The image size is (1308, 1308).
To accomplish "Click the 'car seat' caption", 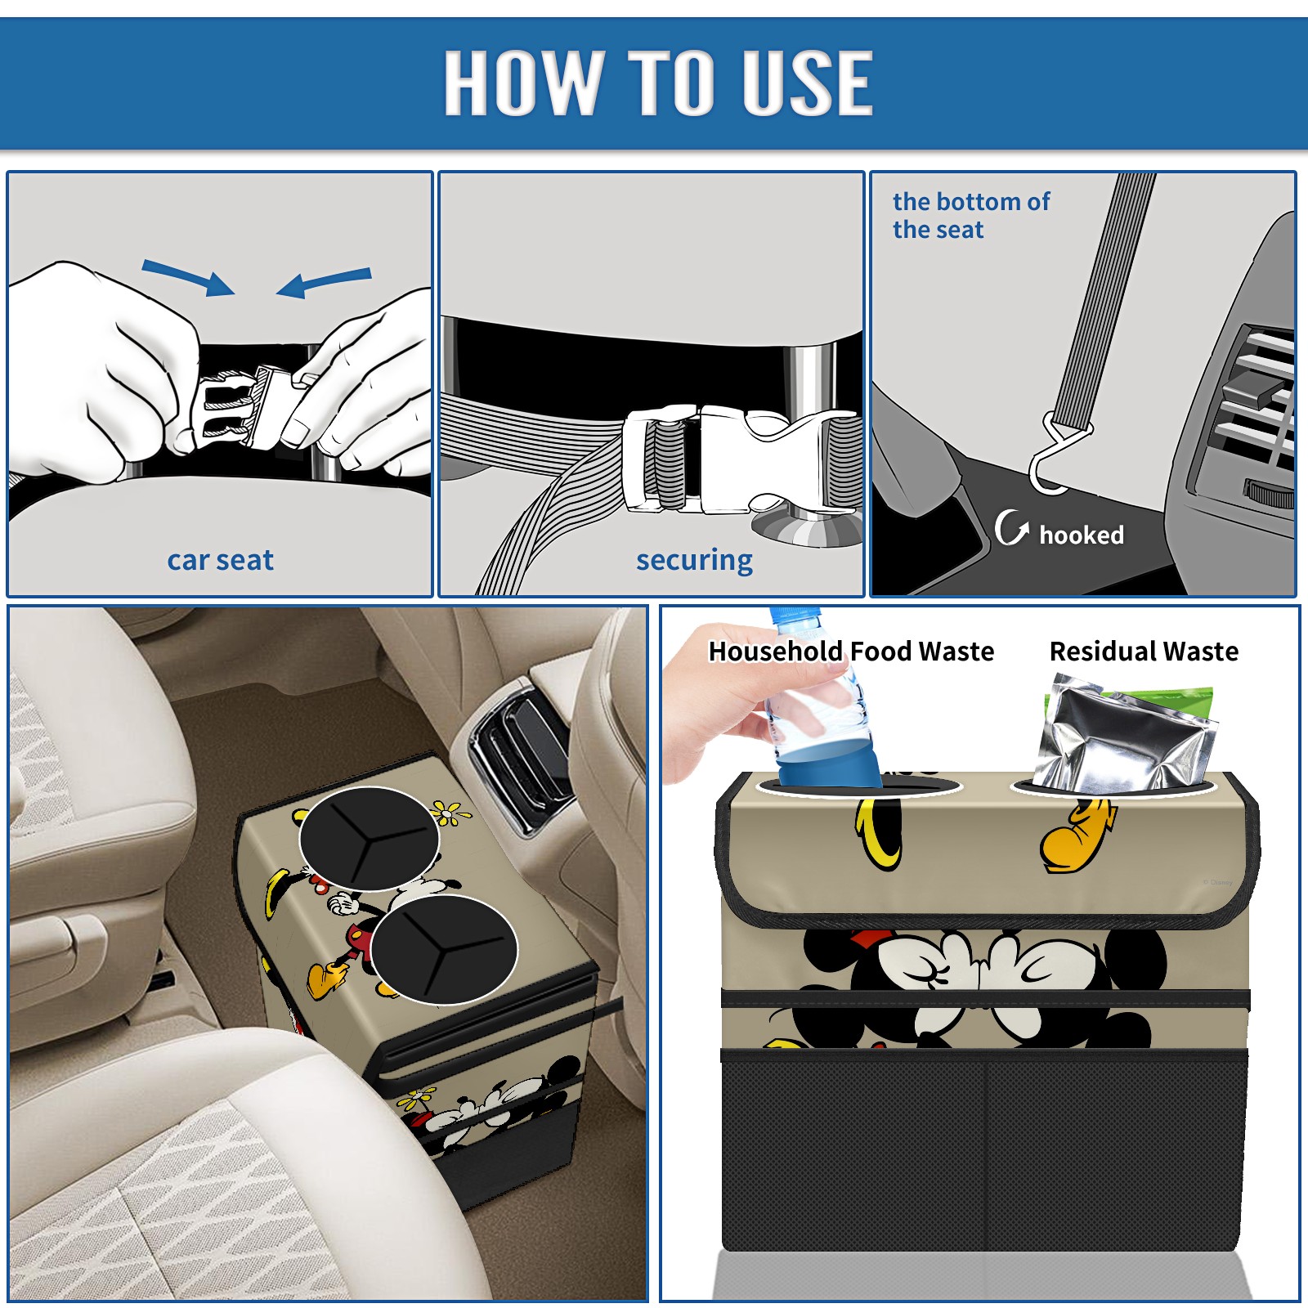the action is (x=220, y=560).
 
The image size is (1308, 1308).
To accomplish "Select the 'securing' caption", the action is (x=694, y=561).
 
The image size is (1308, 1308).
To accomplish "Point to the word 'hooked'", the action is (x=1082, y=535).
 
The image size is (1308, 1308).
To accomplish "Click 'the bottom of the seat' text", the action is (x=970, y=215).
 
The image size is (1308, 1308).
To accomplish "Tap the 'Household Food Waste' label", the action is (x=851, y=651).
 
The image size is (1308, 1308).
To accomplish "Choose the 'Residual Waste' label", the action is (x=1144, y=651).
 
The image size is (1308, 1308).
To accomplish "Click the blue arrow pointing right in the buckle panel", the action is (x=189, y=277).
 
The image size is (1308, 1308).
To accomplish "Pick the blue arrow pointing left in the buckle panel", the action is (x=324, y=282).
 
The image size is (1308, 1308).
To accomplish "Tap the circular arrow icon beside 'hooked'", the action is (x=1011, y=527).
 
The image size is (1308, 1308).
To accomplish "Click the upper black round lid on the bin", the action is (x=369, y=839).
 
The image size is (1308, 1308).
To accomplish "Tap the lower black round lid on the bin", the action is (x=444, y=949).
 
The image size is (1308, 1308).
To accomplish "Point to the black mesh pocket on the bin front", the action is (x=984, y=1153).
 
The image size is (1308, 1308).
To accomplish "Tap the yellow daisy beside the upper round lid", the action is (x=449, y=813).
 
